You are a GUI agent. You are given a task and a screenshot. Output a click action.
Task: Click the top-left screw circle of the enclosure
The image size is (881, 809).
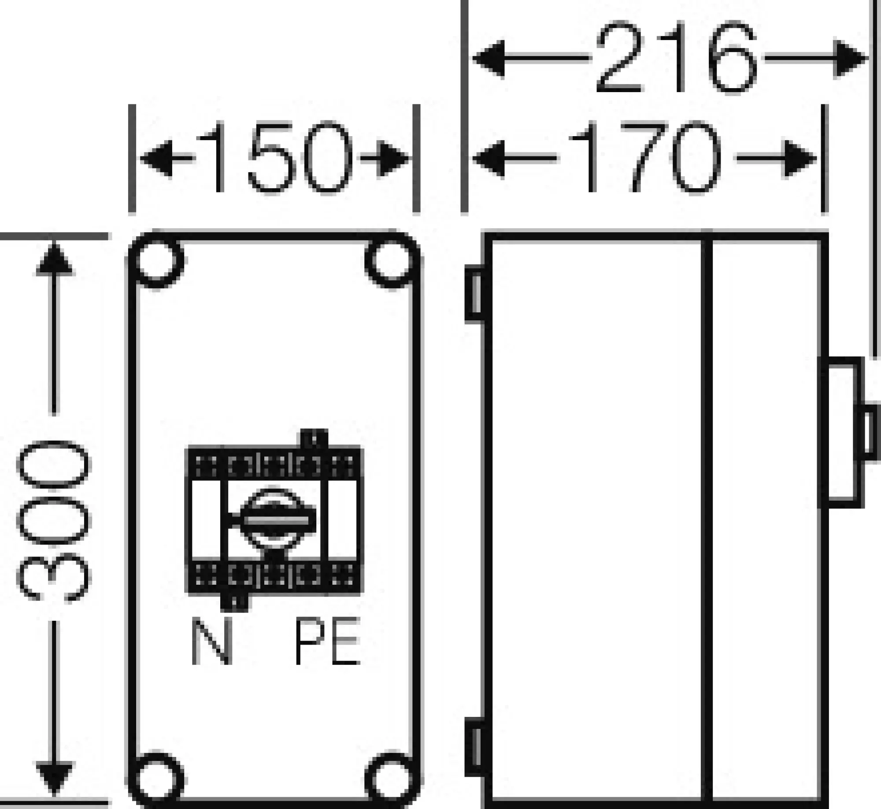tap(157, 260)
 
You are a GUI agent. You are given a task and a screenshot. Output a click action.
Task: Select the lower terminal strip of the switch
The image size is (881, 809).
tap(274, 578)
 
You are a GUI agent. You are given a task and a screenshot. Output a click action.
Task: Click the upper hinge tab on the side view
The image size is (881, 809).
tap(474, 294)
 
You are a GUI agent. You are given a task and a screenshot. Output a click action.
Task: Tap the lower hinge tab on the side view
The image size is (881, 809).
tap(474, 753)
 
